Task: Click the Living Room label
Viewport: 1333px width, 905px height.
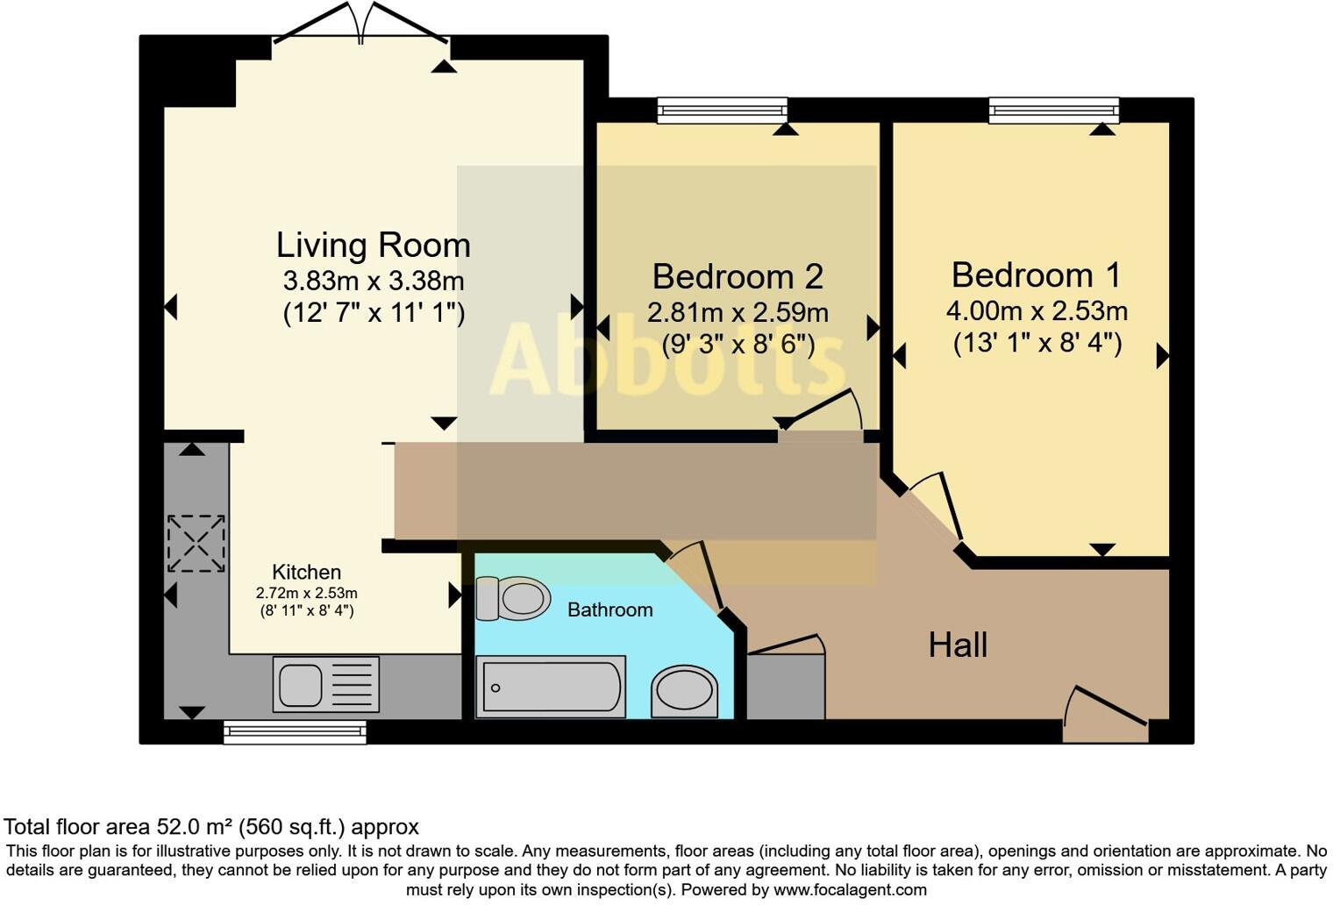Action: [373, 245]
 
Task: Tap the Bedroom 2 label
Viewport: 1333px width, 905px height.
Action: [737, 276]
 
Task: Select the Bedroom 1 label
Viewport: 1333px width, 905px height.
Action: [1036, 274]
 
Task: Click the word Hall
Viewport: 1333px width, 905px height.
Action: [958, 645]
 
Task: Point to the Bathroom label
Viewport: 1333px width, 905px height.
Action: [609, 609]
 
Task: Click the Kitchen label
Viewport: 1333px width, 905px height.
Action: [306, 572]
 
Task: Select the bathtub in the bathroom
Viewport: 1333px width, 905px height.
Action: [550, 687]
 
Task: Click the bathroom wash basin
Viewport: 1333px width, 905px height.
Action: [684, 691]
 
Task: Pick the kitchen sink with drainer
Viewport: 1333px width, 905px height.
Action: [325, 684]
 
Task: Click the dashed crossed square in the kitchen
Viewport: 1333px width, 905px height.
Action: [196, 544]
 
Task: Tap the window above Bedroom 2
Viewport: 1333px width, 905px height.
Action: [723, 110]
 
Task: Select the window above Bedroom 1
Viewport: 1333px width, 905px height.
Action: [1054, 109]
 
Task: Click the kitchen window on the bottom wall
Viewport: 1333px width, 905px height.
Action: [295, 732]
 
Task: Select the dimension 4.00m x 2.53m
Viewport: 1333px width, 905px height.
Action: [1036, 311]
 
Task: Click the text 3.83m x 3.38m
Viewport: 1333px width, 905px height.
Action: [373, 281]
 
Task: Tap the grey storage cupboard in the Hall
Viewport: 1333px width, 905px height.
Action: [785, 686]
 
